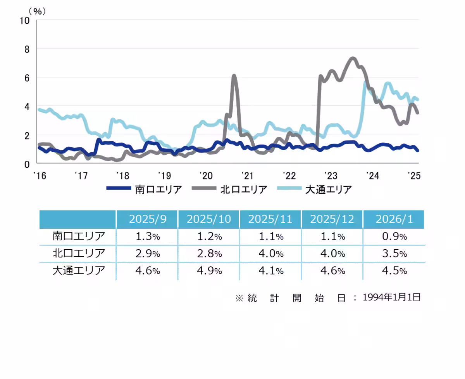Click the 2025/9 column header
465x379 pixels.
pos(147,219)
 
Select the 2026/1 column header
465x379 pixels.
pos(394,219)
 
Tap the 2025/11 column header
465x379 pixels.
pos(270,219)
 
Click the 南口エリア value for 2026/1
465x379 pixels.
pos(394,236)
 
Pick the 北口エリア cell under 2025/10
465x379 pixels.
pos(209,254)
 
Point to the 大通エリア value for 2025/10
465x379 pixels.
pos(209,271)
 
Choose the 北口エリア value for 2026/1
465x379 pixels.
pos(394,254)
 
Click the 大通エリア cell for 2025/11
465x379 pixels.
pos(270,271)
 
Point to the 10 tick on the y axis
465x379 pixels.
pos(24,21)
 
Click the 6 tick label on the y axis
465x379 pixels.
pos(27,78)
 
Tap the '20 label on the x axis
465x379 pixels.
pos(205,176)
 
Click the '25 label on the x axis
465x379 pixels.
pos(414,176)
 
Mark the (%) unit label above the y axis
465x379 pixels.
pos(37,10)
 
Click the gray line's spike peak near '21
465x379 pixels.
pos(234,76)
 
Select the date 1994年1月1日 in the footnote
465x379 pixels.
pos(391,297)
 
